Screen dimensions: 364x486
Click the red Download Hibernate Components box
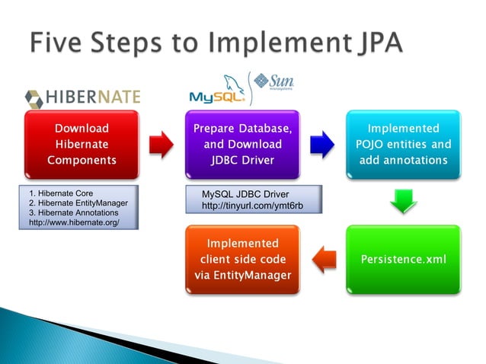click(x=82, y=144)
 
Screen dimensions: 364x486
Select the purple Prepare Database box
click(x=242, y=144)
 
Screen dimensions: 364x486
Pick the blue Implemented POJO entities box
click(x=403, y=144)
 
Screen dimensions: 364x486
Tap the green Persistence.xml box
click(x=403, y=260)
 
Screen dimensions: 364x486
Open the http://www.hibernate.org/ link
click(x=74, y=222)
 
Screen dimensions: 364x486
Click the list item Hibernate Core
click(x=61, y=193)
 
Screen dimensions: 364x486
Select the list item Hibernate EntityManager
click(x=78, y=203)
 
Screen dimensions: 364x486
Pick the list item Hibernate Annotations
click(x=75, y=212)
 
